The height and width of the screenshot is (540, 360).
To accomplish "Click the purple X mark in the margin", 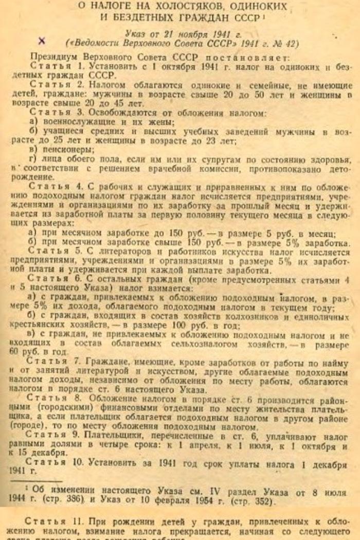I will tap(42, 41).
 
